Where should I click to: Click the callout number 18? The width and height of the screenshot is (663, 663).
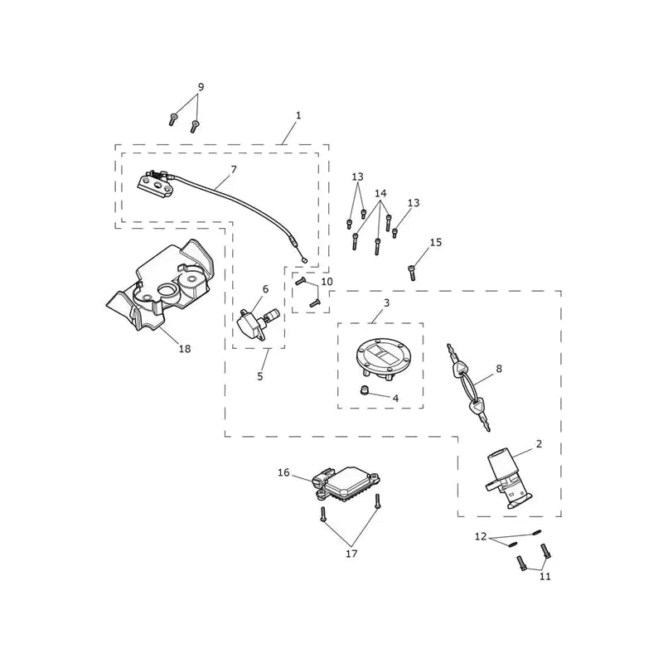point(185,349)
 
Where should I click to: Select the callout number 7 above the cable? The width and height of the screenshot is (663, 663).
point(234,170)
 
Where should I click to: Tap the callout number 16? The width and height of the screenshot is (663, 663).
point(283,472)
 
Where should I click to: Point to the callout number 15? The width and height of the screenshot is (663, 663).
point(436,242)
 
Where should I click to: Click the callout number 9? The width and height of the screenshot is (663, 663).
point(201,87)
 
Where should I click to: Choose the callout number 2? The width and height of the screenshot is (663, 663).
point(539,444)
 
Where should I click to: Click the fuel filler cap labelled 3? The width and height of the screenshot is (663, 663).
point(383,356)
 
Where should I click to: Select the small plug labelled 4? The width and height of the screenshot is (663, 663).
point(363,390)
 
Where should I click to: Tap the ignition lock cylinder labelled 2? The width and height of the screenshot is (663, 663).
point(507,481)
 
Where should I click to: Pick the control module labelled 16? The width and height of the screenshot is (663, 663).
point(346,485)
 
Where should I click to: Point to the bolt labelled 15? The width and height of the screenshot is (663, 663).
point(412,273)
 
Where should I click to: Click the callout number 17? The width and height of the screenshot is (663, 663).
point(351,554)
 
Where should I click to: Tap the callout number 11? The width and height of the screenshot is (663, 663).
point(545,576)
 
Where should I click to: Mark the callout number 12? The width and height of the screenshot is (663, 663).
point(481,536)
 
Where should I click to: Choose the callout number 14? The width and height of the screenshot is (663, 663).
point(380,193)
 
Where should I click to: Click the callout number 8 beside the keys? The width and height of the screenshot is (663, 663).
point(499,369)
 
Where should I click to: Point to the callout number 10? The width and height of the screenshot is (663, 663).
point(327,282)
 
